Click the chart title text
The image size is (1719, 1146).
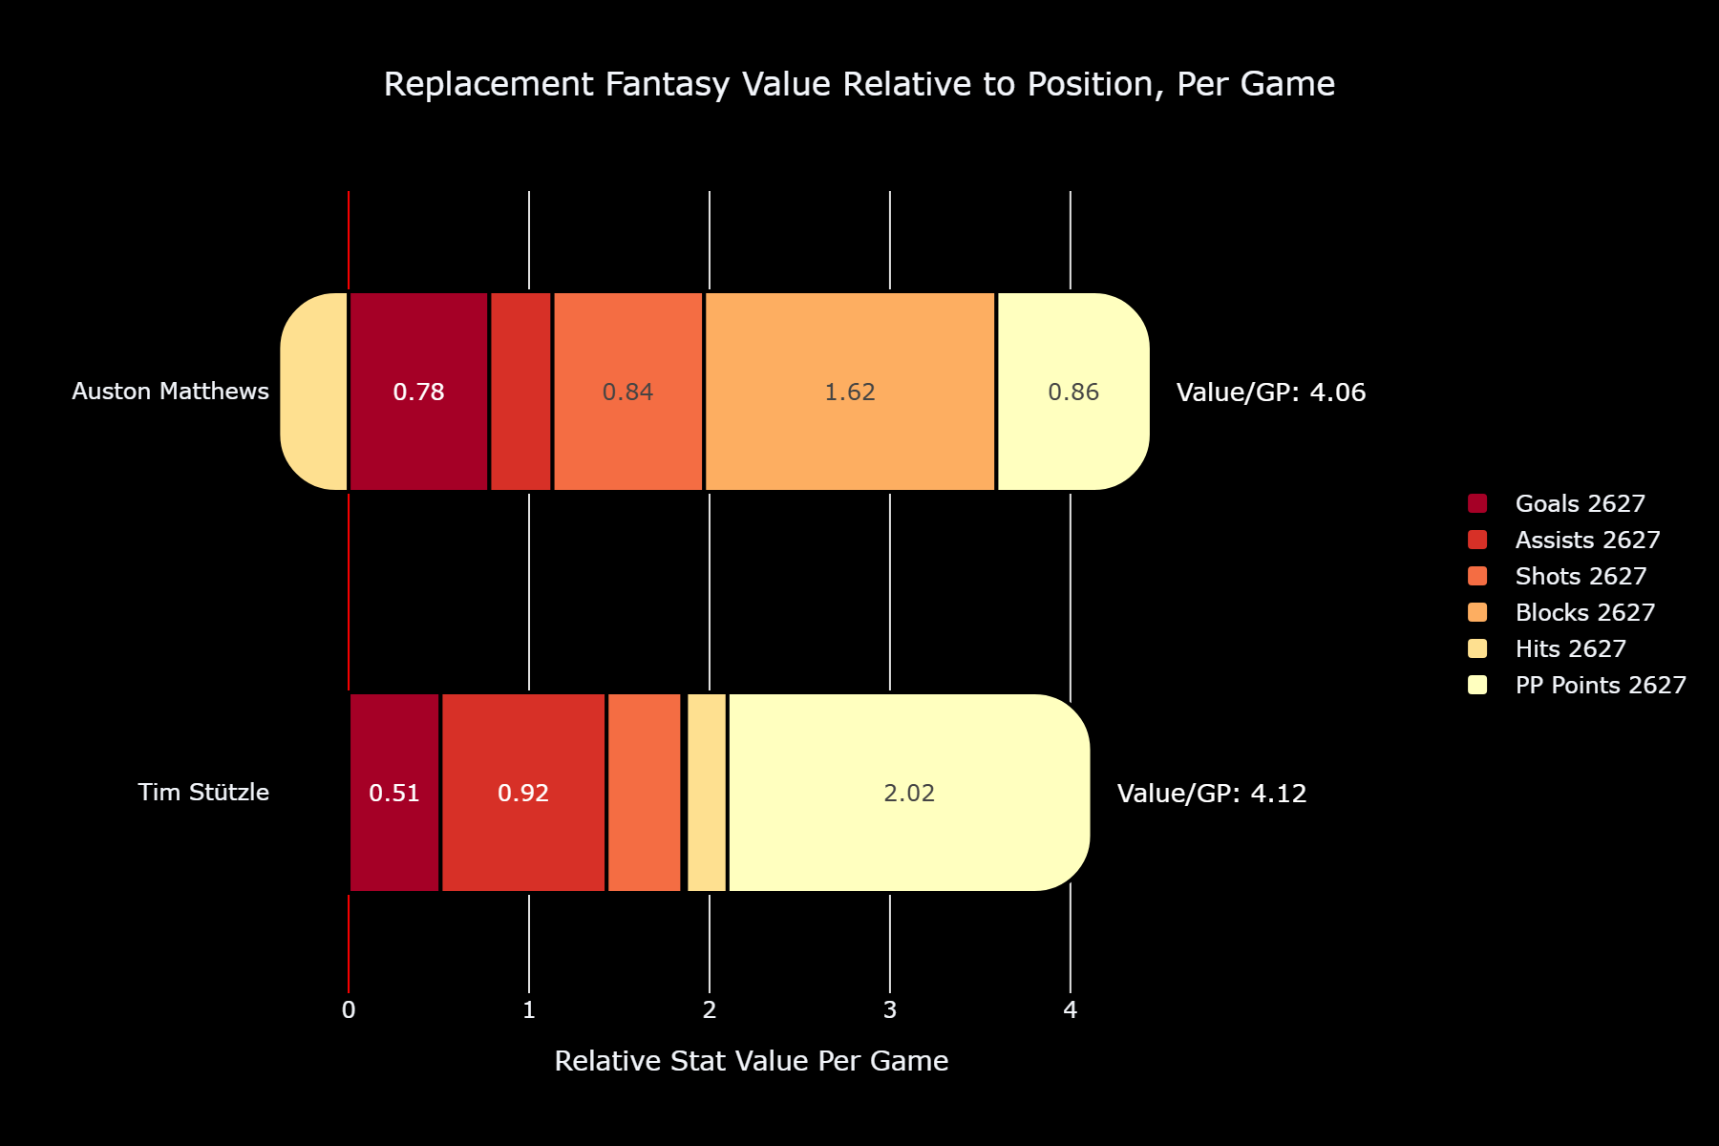(x=859, y=84)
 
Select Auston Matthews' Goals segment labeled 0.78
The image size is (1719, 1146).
(x=419, y=392)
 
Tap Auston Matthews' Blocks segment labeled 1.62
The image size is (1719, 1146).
(x=850, y=392)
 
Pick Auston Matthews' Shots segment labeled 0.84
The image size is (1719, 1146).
(x=628, y=392)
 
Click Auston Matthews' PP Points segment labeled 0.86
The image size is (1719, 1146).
(x=1073, y=392)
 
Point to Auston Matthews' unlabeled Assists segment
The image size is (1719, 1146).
(x=521, y=392)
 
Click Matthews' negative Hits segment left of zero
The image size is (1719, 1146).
(x=314, y=392)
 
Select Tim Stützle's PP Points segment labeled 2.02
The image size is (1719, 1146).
(x=909, y=793)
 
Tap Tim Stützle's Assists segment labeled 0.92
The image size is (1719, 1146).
(x=523, y=793)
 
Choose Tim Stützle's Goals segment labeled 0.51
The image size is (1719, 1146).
(x=394, y=793)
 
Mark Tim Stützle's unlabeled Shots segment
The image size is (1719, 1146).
(x=645, y=793)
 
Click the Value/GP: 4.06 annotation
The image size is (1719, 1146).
(x=1271, y=393)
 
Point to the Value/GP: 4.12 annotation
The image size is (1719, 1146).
(x=1212, y=794)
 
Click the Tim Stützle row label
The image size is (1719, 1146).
(x=203, y=793)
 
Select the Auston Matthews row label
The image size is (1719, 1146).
(x=171, y=392)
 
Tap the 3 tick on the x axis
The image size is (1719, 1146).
(x=890, y=1010)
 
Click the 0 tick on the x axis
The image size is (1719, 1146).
(x=349, y=1010)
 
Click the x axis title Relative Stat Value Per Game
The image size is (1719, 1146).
(x=752, y=1061)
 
